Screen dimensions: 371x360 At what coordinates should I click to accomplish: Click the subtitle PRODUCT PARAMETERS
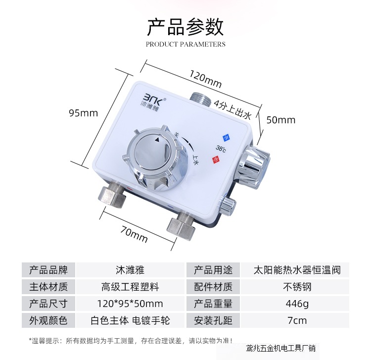185,44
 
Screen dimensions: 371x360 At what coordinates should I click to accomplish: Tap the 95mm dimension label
83,113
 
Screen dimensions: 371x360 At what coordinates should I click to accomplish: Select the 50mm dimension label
280,120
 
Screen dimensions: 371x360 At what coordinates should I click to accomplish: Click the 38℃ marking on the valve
221,148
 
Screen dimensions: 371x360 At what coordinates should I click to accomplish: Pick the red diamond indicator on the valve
215,159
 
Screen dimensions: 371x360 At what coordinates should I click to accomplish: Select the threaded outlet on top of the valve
202,98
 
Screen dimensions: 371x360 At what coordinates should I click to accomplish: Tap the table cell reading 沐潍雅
130,270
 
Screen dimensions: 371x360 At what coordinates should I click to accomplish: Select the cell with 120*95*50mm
130,303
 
